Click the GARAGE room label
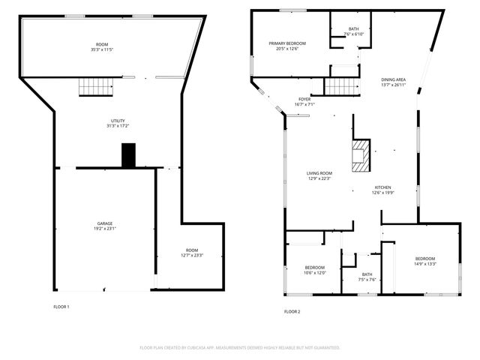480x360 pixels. click(x=104, y=223)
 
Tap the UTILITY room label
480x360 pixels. click(x=118, y=121)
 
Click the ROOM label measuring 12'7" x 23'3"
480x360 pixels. click(x=192, y=250)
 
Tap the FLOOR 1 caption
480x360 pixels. click(x=61, y=307)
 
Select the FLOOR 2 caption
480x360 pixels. click(x=292, y=311)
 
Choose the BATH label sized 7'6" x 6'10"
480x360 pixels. click(x=354, y=29)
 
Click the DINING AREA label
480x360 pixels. click(x=394, y=79)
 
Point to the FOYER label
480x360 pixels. click(x=304, y=99)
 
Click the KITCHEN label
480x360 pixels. click(x=382, y=187)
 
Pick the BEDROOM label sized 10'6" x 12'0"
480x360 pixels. click(x=314, y=268)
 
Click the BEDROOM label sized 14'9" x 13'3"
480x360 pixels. click(x=425, y=259)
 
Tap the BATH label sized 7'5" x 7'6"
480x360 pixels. click(x=367, y=274)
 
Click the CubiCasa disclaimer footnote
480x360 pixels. click(x=240, y=347)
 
